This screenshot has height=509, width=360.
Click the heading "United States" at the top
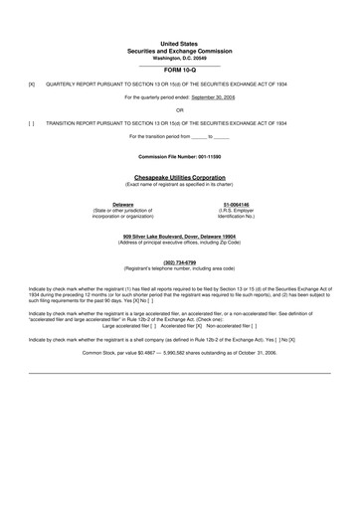179,45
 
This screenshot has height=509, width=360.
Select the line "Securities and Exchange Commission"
179,52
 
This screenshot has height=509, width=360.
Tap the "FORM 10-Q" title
179,73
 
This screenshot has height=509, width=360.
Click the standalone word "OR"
179,110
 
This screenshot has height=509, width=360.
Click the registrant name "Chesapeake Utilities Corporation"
179,177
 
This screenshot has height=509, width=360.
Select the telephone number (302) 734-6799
179,262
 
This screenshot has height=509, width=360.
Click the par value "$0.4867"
144,353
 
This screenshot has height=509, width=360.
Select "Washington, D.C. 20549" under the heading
179,59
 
